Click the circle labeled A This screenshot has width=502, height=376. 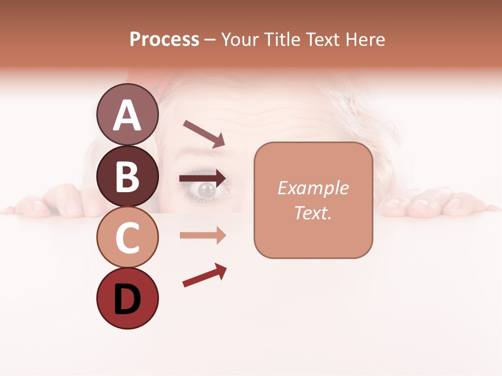(x=127, y=114)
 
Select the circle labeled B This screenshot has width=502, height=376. (x=127, y=176)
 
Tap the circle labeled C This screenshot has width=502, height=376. (x=127, y=238)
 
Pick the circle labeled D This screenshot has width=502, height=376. (x=127, y=299)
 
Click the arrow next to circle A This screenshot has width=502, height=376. (x=204, y=134)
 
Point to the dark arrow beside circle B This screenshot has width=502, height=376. (x=203, y=178)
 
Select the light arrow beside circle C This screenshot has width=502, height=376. (x=203, y=236)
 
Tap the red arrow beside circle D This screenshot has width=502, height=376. (x=204, y=275)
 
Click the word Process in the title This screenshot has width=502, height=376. (x=164, y=39)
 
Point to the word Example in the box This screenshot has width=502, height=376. (x=313, y=188)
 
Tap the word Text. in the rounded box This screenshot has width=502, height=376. (x=313, y=213)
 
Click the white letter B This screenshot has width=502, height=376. (x=127, y=176)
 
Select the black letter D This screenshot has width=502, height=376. (x=127, y=300)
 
